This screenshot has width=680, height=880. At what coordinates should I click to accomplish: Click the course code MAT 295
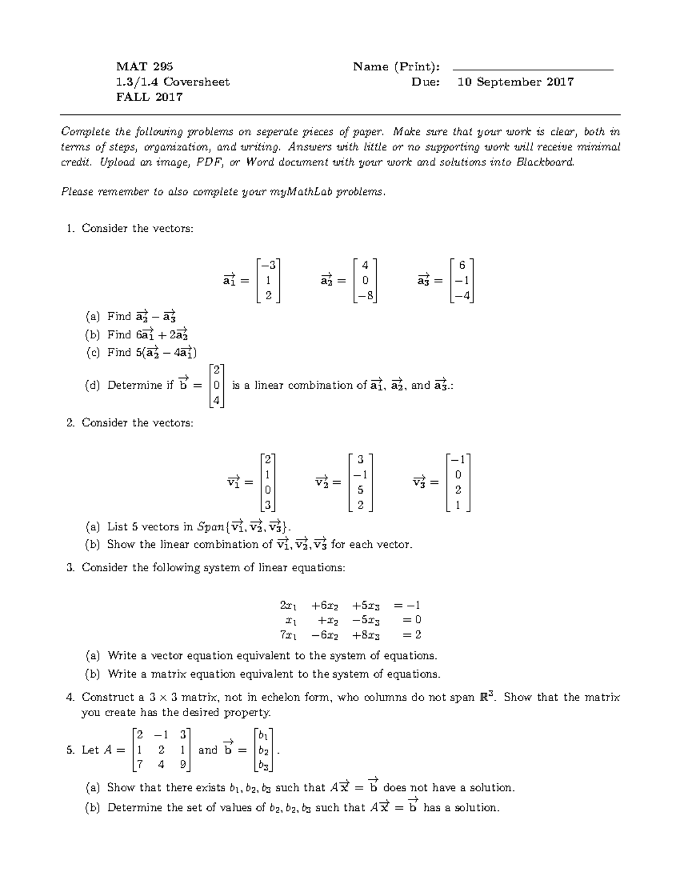(144, 67)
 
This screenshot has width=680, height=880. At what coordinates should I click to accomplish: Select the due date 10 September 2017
(515, 82)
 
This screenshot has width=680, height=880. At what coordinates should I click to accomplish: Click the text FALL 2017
(149, 97)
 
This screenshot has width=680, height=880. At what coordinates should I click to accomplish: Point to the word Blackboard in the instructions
(545, 162)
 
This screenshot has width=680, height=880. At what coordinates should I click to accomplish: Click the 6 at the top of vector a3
(462, 265)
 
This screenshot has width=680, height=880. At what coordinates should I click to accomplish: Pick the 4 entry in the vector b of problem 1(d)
(216, 401)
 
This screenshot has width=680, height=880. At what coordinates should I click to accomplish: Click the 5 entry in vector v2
(360, 490)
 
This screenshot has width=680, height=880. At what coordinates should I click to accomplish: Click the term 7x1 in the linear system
(287, 635)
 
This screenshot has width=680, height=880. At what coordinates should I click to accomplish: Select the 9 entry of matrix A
(182, 764)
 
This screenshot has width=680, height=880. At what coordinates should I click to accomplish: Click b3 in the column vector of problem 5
(264, 766)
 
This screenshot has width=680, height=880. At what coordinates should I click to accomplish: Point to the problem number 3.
(70, 568)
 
